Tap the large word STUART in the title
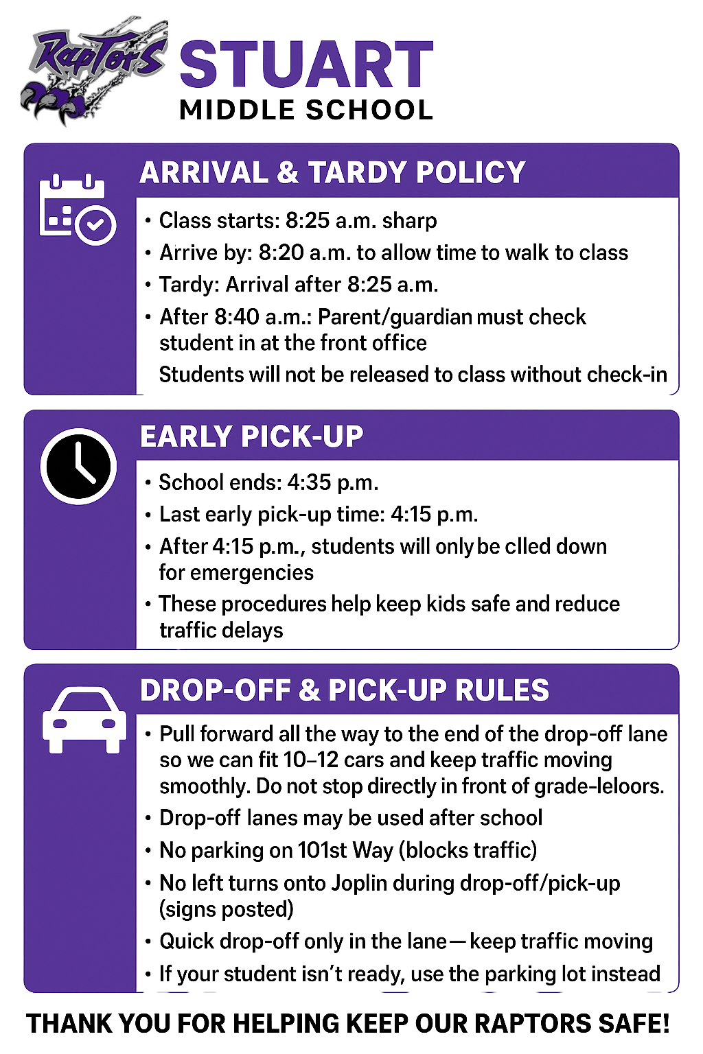(306, 65)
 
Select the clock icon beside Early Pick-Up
(78, 466)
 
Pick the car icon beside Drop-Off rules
(84, 719)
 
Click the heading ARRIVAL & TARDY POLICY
(332, 172)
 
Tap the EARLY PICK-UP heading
(251, 436)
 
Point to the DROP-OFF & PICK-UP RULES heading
(344, 690)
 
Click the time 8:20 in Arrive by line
(281, 253)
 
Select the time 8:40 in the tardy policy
(237, 317)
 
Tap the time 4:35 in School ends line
(309, 482)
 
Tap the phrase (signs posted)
(227, 909)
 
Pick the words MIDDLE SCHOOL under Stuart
(306, 110)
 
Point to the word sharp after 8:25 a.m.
(409, 220)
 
